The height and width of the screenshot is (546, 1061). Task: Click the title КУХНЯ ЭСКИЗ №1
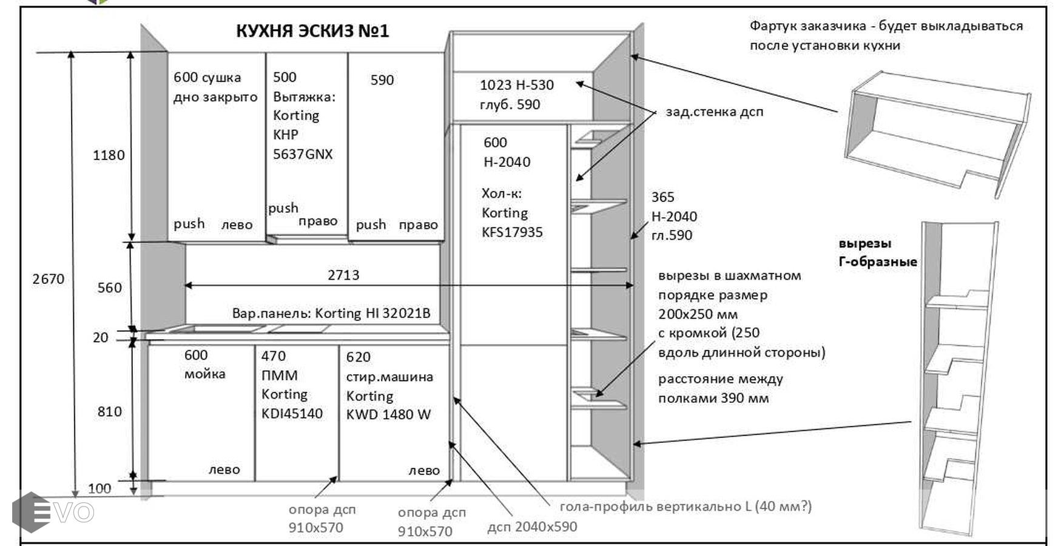[312, 30]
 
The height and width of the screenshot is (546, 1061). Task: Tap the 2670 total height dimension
[48, 279]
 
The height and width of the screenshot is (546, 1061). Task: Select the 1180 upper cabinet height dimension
[109, 155]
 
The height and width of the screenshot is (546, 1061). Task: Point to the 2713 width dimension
[343, 275]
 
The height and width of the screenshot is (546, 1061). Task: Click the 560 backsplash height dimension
[109, 288]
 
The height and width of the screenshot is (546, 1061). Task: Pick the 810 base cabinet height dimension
[109, 412]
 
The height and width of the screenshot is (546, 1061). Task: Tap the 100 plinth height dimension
[99, 488]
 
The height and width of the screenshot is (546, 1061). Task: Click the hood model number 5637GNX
[303, 154]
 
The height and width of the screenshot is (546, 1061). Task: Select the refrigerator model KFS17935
[512, 232]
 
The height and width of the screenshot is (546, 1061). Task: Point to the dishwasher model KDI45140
[292, 414]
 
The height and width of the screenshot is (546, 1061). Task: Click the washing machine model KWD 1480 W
[388, 415]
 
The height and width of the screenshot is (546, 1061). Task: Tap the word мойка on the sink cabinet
[204, 374]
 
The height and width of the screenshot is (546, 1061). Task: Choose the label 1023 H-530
[516, 85]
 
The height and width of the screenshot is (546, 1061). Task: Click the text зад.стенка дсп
[714, 112]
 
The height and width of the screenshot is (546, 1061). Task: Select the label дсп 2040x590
[532, 527]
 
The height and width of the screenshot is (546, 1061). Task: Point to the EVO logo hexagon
[30, 512]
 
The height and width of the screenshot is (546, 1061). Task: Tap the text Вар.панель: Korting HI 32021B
[331, 313]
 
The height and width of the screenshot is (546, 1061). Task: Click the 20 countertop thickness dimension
[101, 337]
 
